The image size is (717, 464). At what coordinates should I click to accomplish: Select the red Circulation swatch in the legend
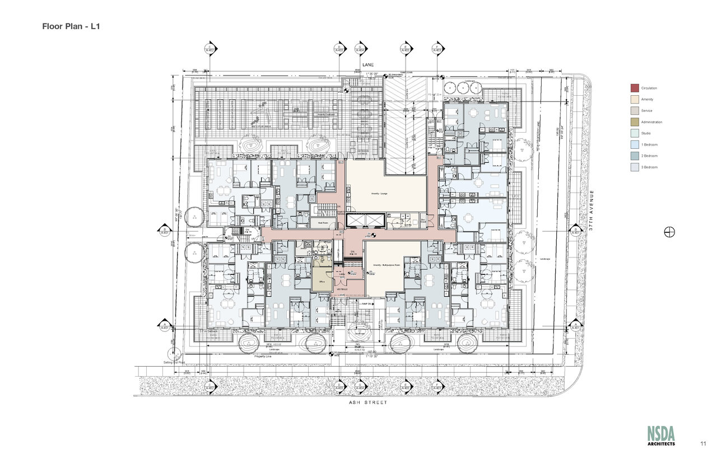pyautogui.click(x=635, y=88)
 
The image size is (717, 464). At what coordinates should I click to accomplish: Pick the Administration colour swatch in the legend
pyautogui.click(x=635, y=122)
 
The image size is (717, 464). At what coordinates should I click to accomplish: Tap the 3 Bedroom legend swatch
pyautogui.click(x=635, y=167)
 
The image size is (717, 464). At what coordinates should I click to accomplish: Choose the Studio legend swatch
pyautogui.click(x=635, y=133)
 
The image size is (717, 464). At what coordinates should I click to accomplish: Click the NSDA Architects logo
pyautogui.click(x=661, y=435)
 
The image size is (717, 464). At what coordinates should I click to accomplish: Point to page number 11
pyautogui.click(x=702, y=443)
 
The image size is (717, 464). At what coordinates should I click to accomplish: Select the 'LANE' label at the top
pyautogui.click(x=367, y=65)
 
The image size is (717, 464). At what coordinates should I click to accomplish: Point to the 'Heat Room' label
pyautogui.click(x=323, y=223)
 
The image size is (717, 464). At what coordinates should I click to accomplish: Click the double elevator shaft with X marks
pyautogui.click(x=365, y=221)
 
